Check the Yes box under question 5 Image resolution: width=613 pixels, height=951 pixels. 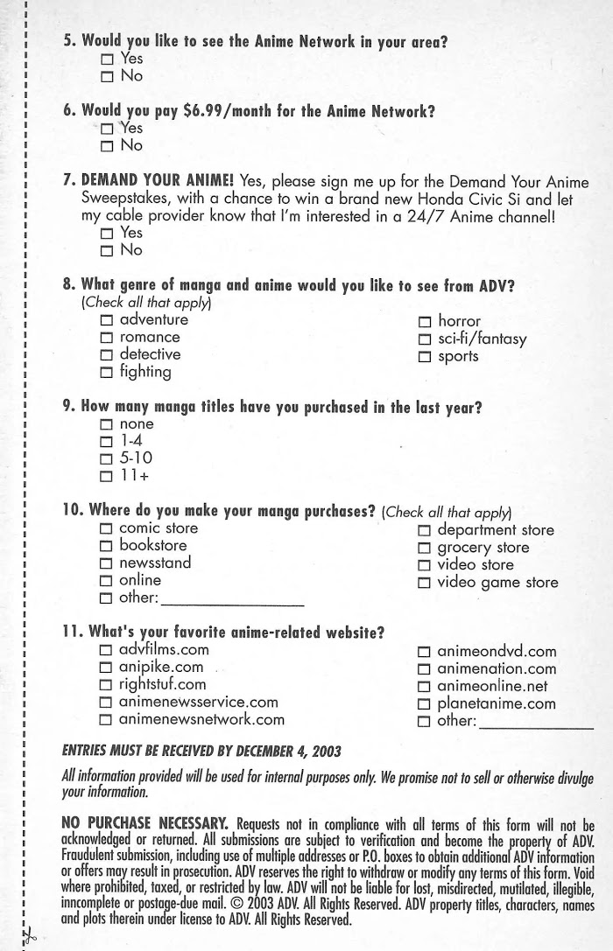pyautogui.click(x=107, y=59)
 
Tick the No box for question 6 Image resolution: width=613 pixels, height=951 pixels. pyautogui.click(x=107, y=145)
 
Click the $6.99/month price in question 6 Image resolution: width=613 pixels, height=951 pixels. pyautogui.click(x=223, y=111)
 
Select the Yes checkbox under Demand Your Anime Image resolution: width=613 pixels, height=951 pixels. pyautogui.click(x=107, y=234)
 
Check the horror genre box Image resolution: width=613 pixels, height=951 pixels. pyautogui.click(x=425, y=322)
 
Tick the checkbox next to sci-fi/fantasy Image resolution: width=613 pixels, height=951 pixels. pyautogui.click(x=425, y=339)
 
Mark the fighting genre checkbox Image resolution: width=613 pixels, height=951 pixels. pyautogui.click(x=107, y=373)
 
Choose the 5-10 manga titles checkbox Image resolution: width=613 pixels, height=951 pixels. pyautogui.click(x=107, y=458)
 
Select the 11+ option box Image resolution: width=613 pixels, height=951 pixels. pyautogui.click(x=107, y=476)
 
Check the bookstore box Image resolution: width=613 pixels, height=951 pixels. pyautogui.click(x=107, y=547)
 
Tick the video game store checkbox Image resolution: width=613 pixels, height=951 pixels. pyautogui.click(x=425, y=583)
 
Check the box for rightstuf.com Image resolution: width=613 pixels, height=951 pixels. pyautogui.click(x=107, y=685)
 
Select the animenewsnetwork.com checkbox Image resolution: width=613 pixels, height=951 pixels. pyautogui.click(x=107, y=721)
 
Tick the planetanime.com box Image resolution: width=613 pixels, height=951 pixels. pyautogui.click(x=425, y=704)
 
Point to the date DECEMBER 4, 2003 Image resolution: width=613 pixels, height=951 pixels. pyautogui.click(x=264, y=752)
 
